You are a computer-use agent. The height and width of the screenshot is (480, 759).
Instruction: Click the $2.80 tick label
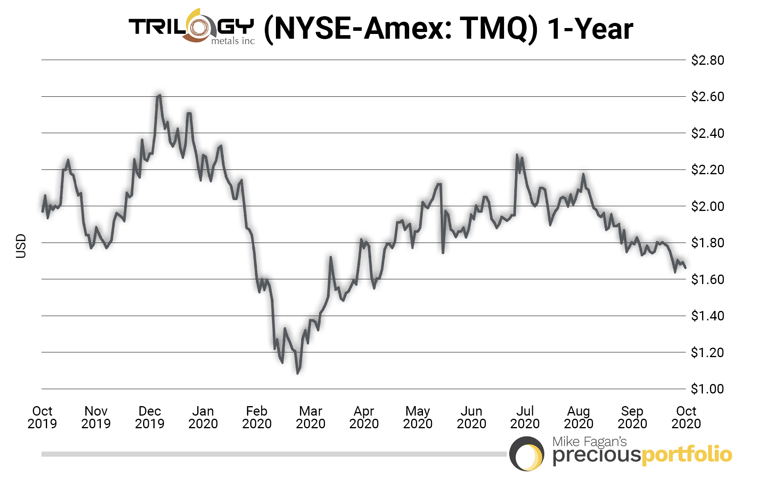(x=707, y=60)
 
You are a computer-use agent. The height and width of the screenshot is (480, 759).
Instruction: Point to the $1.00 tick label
(x=707, y=389)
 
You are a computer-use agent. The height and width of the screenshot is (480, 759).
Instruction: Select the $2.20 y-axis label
(x=707, y=169)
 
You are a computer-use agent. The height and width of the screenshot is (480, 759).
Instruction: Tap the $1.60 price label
(x=707, y=279)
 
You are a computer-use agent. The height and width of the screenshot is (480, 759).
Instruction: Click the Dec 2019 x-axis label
(x=149, y=417)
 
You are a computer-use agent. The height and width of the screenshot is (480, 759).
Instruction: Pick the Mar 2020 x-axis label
(x=310, y=417)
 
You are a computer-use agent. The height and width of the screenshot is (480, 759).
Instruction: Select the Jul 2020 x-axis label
(x=525, y=417)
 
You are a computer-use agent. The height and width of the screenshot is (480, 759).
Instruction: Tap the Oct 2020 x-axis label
(x=686, y=417)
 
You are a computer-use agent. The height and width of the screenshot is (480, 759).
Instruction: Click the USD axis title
(x=21, y=246)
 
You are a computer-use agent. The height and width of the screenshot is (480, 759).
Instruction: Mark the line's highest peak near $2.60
(x=159, y=95)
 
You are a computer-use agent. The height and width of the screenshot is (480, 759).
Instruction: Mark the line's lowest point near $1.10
(x=298, y=373)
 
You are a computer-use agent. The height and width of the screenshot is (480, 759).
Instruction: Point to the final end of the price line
(x=685, y=268)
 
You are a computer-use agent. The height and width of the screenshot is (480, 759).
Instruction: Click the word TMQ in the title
(x=494, y=28)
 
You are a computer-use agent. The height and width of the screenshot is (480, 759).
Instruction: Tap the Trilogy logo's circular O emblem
(x=199, y=27)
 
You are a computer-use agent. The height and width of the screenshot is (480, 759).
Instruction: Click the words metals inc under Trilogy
(x=233, y=41)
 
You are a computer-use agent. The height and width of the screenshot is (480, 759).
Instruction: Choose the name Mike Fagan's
(x=589, y=441)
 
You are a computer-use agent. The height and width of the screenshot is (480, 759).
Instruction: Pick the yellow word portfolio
(x=686, y=455)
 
